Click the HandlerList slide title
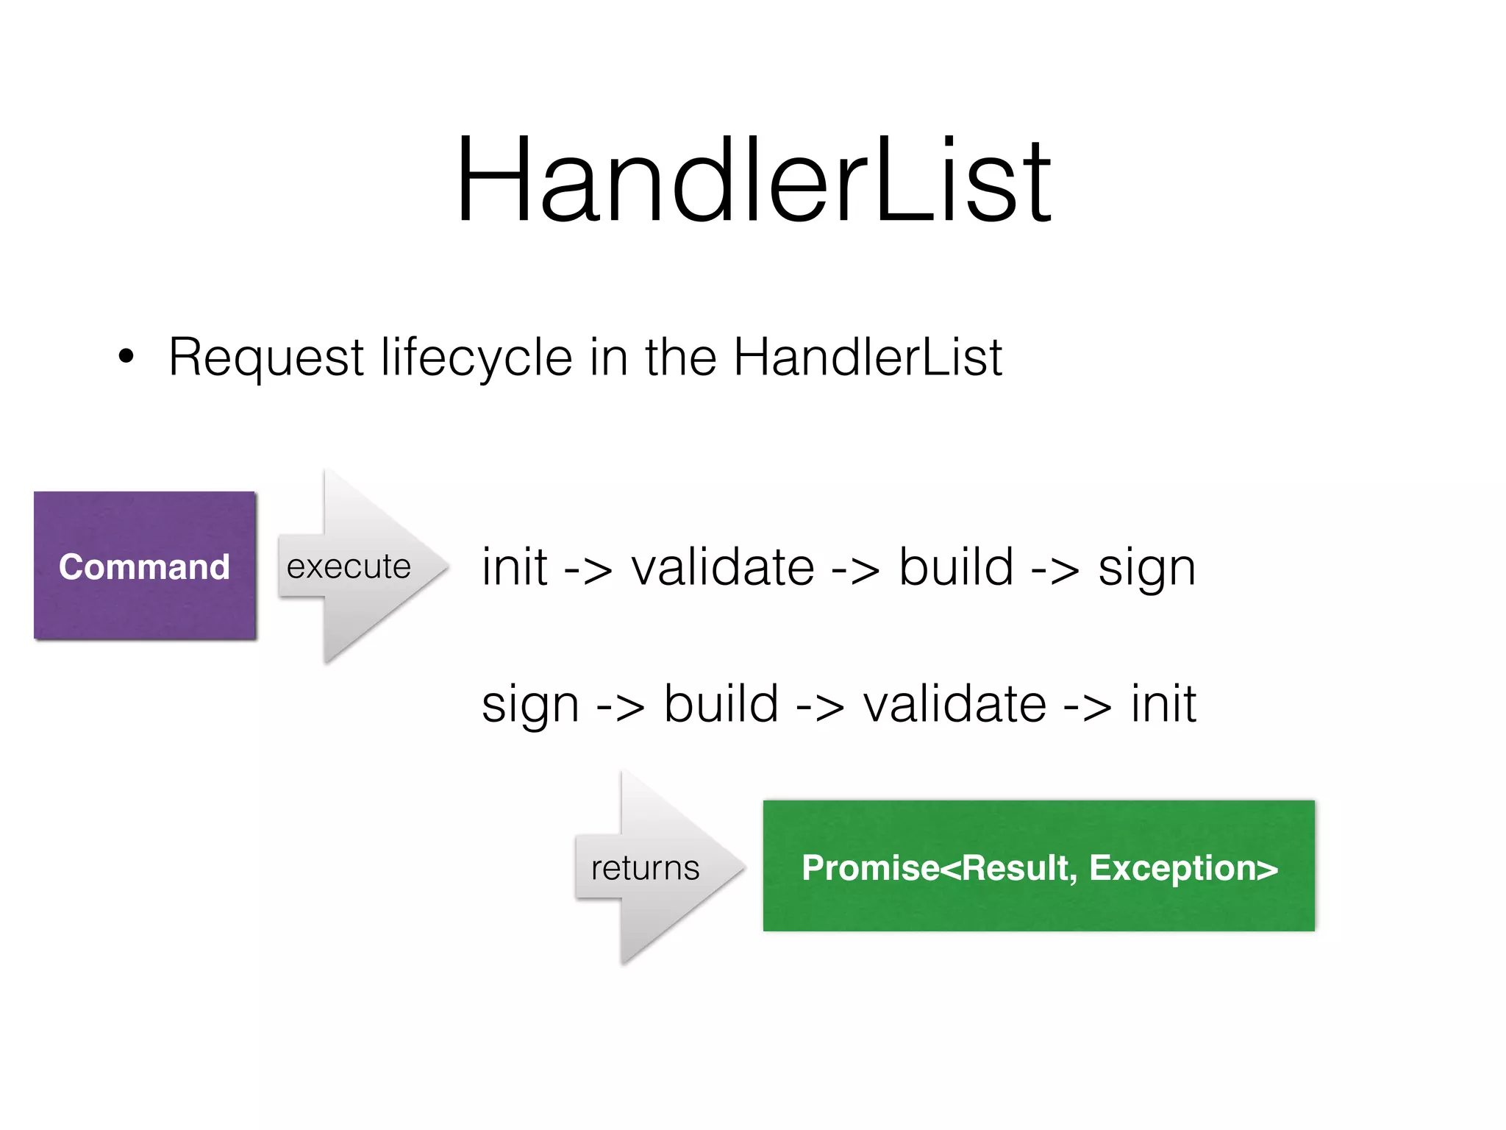754,180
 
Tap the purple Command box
145,566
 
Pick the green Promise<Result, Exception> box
1038,866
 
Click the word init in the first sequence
514,567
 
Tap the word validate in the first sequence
723,567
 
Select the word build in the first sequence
956,567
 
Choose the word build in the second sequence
721,704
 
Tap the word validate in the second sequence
954,704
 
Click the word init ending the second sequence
1163,704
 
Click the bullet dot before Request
126,358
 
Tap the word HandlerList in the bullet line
868,358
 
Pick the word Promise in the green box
871,868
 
